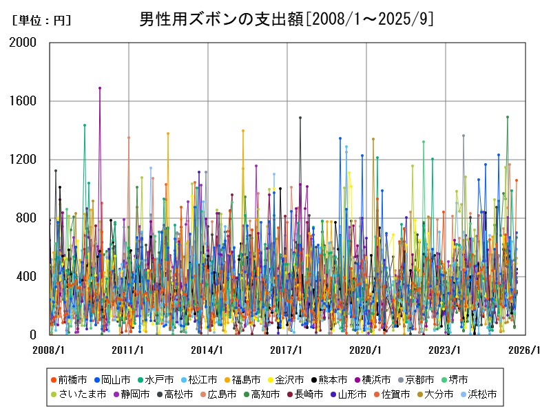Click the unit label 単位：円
pyautogui.click(x=42, y=21)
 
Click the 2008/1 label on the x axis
pyautogui.click(x=50, y=350)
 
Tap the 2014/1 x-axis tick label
pyautogui.click(x=208, y=350)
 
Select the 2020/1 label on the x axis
pyautogui.click(x=366, y=350)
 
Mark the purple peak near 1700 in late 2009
pyautogui.click(x=100, y=88)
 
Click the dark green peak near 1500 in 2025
pyautogui.click(x=508, y=117)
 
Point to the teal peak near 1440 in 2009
pyautogui.click(x=85, y=125)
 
